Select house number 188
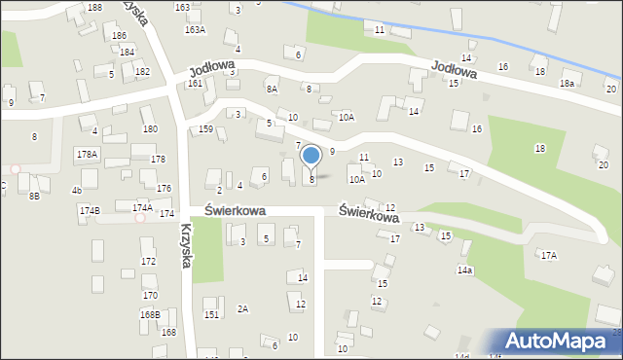[x=94, y=8]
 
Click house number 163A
[x=196, y=30]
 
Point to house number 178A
[x=87, y=155]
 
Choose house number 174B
[x=90, y=210]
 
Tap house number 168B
[x=150, y=314]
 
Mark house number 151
[x=211, y=314]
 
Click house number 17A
[x=549, y=255]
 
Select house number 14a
[x=464, y=270]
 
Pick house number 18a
[x=567, y=85]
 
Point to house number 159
[x=205, y=129]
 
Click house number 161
[x=195, y=84]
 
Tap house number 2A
[x=242, y=308]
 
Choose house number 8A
[x=272, y=89]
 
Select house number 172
[x=148, y=262]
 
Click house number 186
[x=119, y=35]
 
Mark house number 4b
[x=77, y=190]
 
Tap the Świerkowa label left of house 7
[x=235, y=210]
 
